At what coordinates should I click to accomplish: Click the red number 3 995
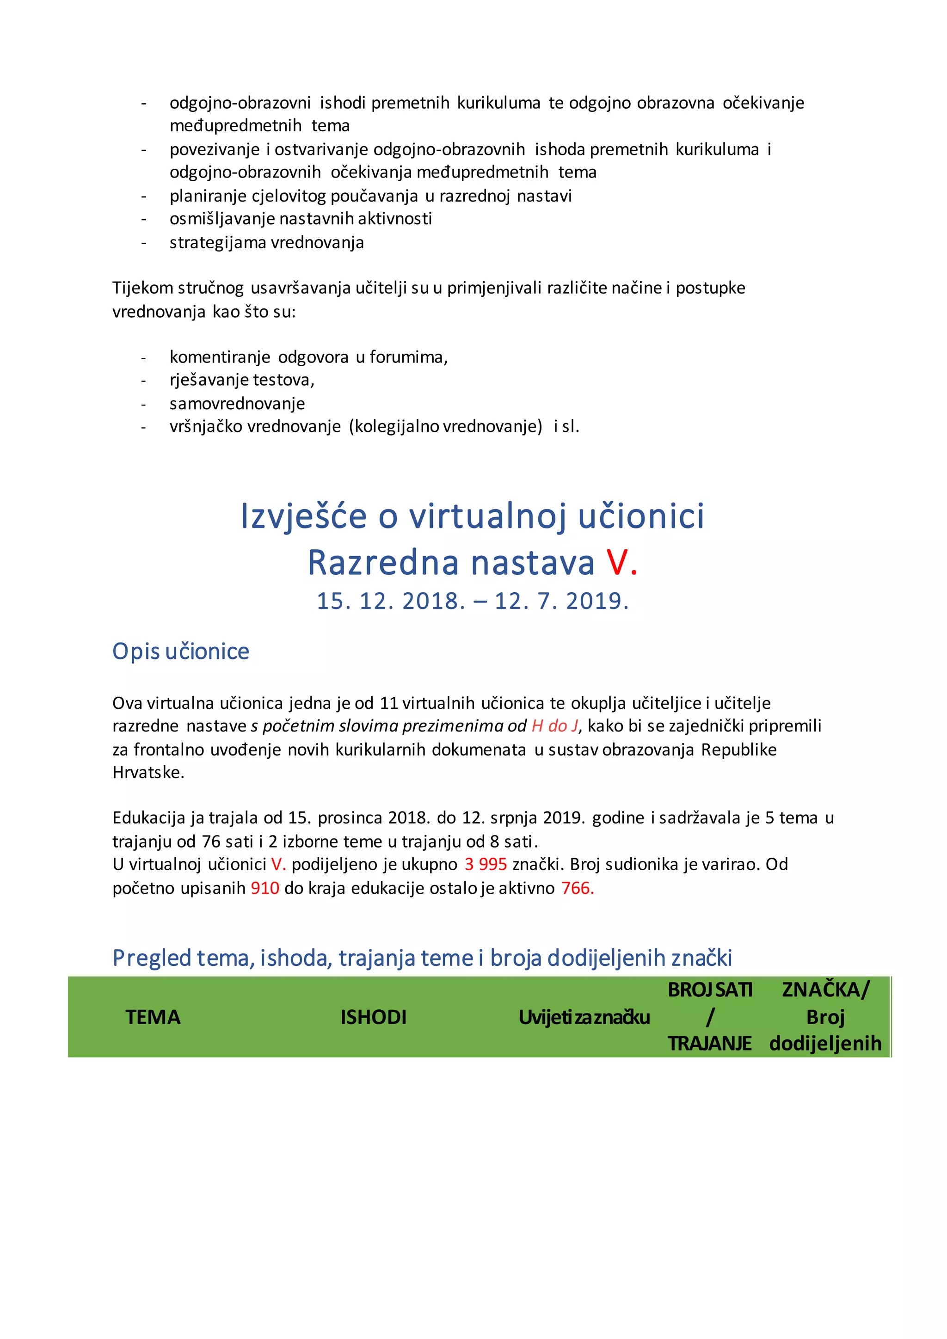tap(485, 864)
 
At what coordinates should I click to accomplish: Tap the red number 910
tap(265, 888)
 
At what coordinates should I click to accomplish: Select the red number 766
tap(577, 888)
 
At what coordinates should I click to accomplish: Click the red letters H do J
tap(554, 726)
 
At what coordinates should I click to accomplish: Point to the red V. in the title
tap(621, 563)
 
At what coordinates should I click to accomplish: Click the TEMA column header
tap(153, 1018)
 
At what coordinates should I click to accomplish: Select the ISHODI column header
tap(373, 1018)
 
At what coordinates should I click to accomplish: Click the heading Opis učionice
tap(181, 651)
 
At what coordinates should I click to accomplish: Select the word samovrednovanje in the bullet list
tap(237, 404)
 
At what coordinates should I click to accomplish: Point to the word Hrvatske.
tap(148, 773)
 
